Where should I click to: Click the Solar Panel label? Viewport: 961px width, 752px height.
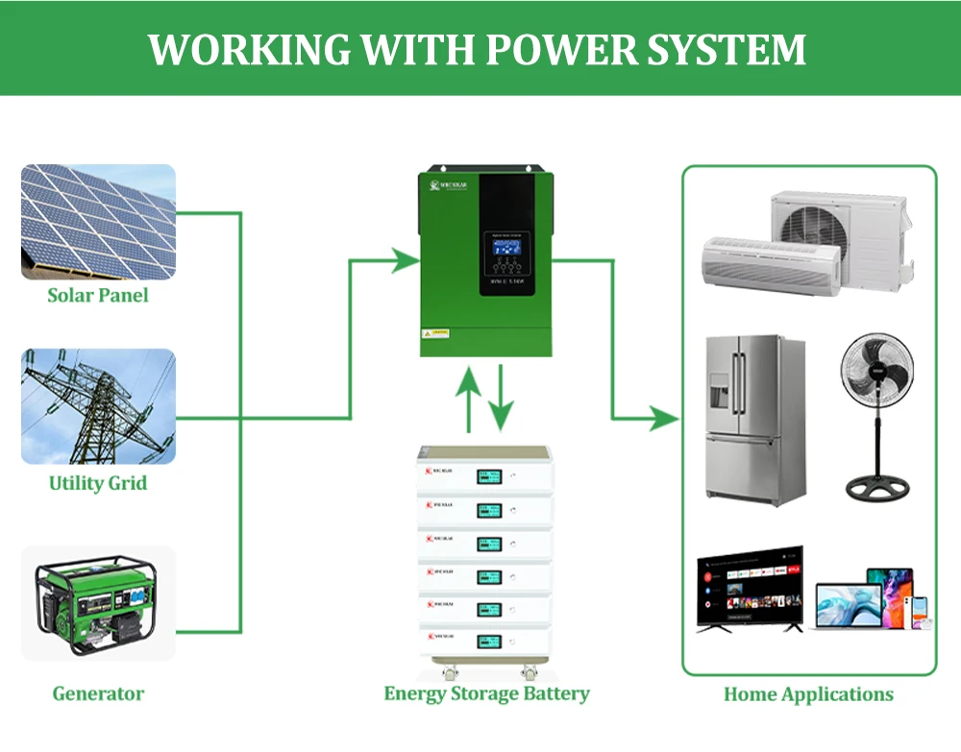point(98,295)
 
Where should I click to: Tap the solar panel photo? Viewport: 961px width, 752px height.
point(98,222)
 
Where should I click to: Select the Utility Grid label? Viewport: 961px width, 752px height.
point(98,482)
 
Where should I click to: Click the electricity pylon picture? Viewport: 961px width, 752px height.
point(98,406)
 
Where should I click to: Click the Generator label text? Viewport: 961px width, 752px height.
point(98,693)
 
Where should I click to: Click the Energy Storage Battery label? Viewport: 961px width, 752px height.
point(486,693)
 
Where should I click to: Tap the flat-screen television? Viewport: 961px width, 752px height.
point(749,589)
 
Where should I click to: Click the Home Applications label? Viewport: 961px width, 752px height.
point(808,694)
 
